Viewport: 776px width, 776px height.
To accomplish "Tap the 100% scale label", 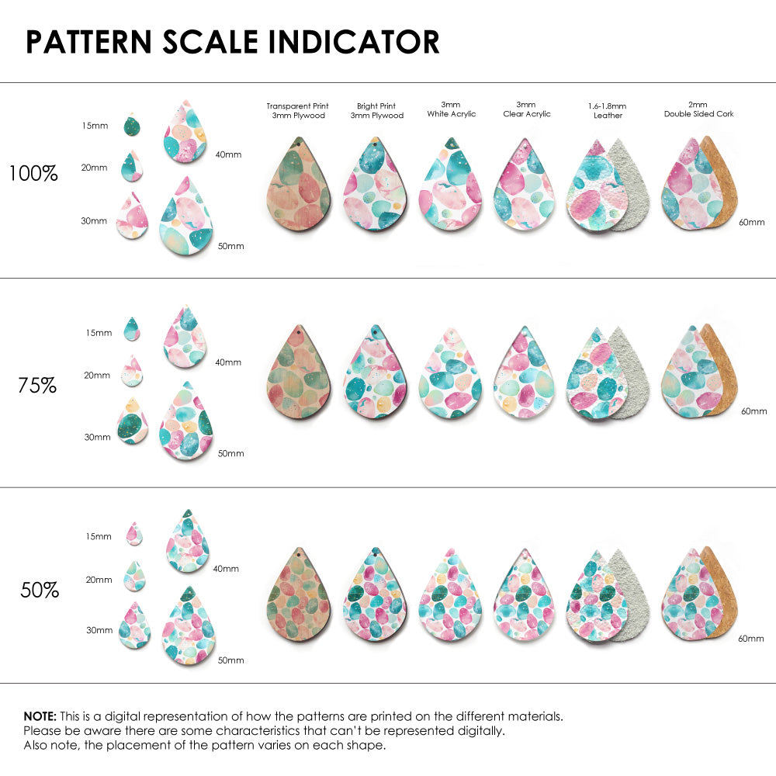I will (33, 174).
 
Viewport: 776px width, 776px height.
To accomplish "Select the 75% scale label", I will (37, 385).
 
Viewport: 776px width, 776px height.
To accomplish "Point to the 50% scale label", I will (40, 591).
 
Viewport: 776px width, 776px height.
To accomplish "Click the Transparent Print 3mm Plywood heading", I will (297, 110).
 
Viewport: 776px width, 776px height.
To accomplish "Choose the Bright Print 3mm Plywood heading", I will (376, 110).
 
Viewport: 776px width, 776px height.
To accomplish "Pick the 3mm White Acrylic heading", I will (451, 109).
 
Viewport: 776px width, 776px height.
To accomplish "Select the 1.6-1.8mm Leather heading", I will (608, 110).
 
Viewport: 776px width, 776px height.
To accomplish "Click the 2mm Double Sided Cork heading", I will (698, 109).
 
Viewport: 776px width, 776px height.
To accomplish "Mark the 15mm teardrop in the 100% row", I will (132, 125).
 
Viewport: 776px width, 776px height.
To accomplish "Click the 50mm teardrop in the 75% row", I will (186, 423).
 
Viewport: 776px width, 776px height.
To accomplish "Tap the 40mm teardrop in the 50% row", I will (188, 543).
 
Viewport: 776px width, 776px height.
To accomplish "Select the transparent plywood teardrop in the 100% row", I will (299, 185).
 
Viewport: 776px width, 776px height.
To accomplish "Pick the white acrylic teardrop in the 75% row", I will (451, 375).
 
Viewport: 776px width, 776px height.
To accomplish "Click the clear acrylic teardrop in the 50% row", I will (526, 595).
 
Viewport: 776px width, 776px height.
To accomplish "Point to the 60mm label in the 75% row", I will (753, 411).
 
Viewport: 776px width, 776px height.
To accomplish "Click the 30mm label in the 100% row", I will (94, 220).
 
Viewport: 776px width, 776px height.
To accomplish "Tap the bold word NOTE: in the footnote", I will (40, 715).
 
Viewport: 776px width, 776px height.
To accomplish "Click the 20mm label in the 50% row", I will (99, 580).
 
